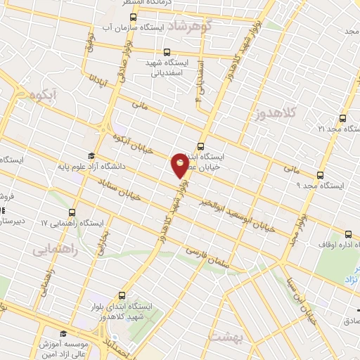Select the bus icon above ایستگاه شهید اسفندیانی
pos(166,51)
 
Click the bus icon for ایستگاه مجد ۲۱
pos(342,118)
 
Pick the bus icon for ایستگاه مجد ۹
pos(321,175)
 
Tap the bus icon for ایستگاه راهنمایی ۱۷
pos(72,212)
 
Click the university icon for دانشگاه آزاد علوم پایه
pos(91,156)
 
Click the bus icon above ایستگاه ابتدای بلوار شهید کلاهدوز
pos(122,296)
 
